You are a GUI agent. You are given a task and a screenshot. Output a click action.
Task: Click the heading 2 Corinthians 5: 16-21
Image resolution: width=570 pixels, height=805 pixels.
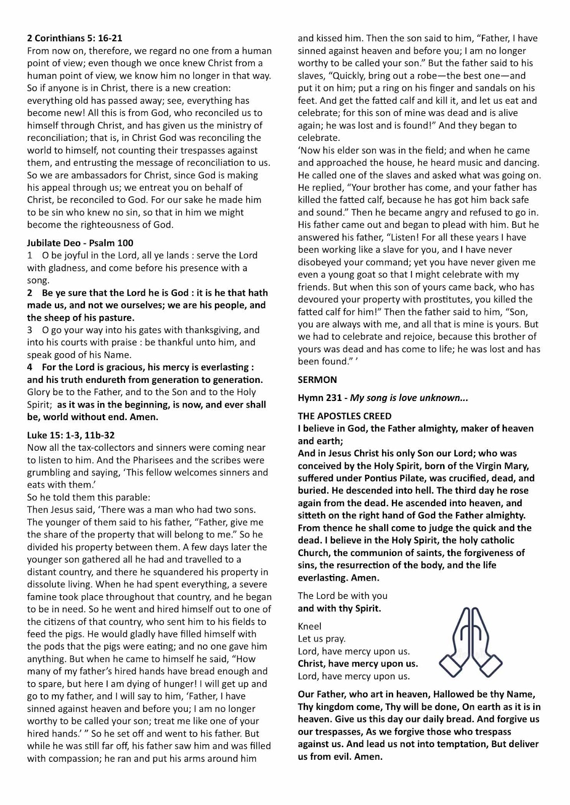pyautogui.click(x=75, y=38)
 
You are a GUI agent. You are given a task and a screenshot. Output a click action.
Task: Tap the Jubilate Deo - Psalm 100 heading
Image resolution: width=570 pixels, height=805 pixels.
pyautogui.click(x=80, y=243)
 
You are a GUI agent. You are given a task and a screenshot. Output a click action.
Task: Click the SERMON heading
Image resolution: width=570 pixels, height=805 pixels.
pyautogui.click(x=317, y=379)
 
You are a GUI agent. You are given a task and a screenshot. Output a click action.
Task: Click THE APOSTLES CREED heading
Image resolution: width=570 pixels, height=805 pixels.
pyautogui.click(x=344, y=416)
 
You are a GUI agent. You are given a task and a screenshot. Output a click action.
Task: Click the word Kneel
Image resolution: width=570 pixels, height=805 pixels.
pyautogui.click(x=309, y=626)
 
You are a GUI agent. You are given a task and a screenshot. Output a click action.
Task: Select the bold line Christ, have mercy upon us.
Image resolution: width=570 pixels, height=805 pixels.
pyautogui.click(x=358, y=664)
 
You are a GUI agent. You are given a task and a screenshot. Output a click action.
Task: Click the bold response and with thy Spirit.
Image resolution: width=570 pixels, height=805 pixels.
pyautogui.click(x=339, y=608)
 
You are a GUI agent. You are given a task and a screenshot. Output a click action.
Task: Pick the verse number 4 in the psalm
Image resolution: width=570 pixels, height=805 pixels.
pyautogui.click(x=30, y=367)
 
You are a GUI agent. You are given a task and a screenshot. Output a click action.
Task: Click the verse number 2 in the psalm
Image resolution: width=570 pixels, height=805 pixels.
pyautogui.click(x=30, y=293)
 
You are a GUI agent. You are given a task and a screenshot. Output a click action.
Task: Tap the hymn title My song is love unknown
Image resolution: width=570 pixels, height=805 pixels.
pyautogui.click(x=409, y=398)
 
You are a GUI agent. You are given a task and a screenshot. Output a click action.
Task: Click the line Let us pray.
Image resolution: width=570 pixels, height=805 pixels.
pyautogui.click(x=322, y=639)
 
